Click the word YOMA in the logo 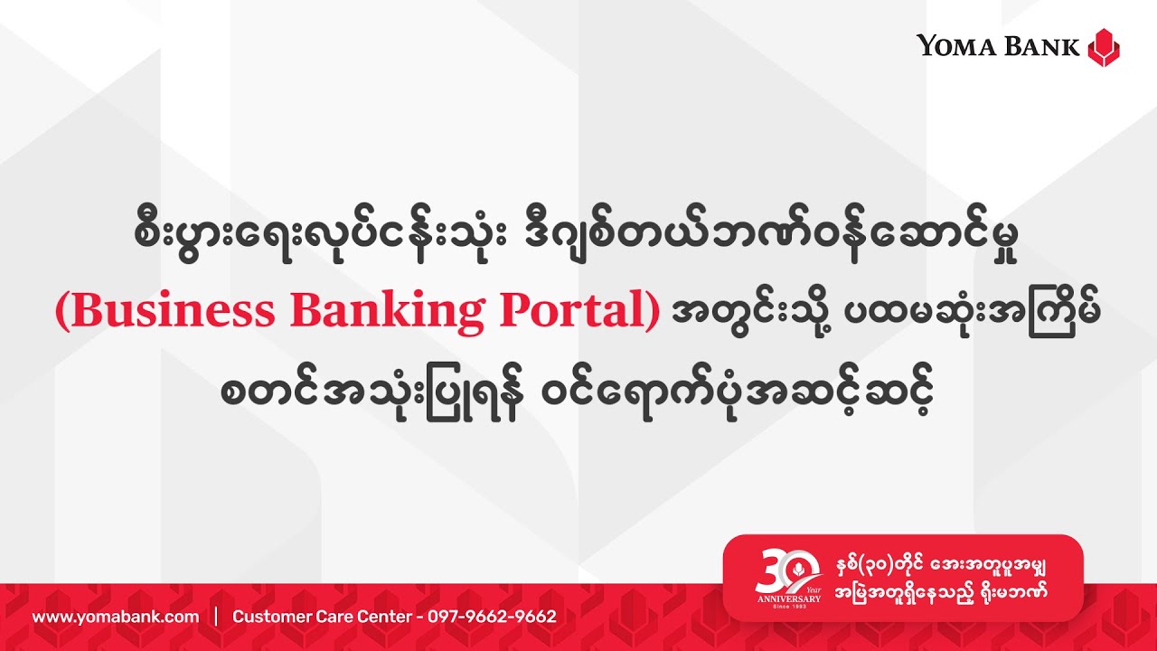click(x=954, y=45)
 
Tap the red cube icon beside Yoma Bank click(x=1103, y=46)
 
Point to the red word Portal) click(x=575, y=310)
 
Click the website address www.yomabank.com click(x=116, y=617)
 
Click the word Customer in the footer click(x=267, y=617)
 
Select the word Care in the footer click(x=325, y=617)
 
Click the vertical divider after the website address click(x=216, y=617)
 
